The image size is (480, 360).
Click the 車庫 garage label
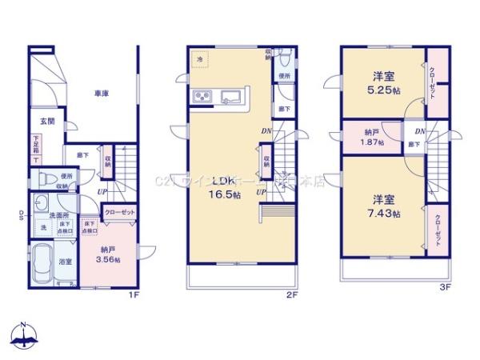(100, 94)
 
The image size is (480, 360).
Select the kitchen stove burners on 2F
(202, 98)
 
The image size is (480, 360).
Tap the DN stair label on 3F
(421, 131)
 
